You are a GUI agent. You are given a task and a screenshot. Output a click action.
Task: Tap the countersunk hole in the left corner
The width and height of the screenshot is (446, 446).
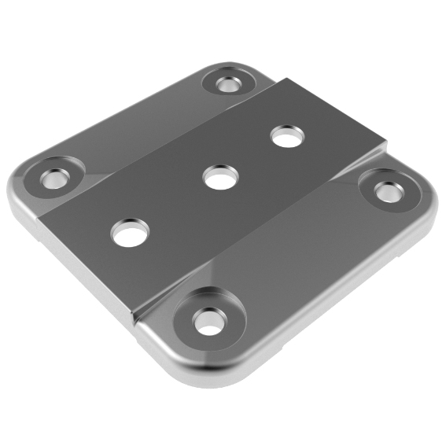[55, 177]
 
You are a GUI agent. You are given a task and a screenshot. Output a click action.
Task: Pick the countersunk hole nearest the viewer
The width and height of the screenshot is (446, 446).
[208, 320]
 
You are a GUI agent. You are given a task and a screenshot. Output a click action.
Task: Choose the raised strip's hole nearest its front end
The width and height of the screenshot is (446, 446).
[130, 232]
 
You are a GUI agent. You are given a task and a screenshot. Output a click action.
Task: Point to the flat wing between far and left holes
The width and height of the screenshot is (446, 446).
[134, 126]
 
